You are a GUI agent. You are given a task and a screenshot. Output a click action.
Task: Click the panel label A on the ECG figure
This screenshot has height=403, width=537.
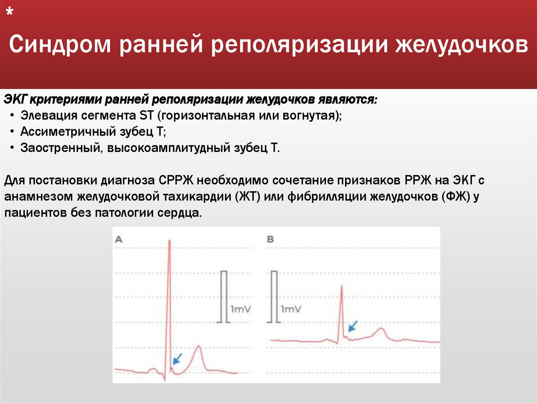(119, 239)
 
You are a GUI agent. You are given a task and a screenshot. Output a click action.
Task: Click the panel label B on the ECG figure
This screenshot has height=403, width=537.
(271, 239)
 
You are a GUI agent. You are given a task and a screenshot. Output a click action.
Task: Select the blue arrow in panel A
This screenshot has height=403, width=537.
(177, 359)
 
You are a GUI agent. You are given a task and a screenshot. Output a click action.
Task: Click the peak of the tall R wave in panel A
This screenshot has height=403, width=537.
(169, 241)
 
